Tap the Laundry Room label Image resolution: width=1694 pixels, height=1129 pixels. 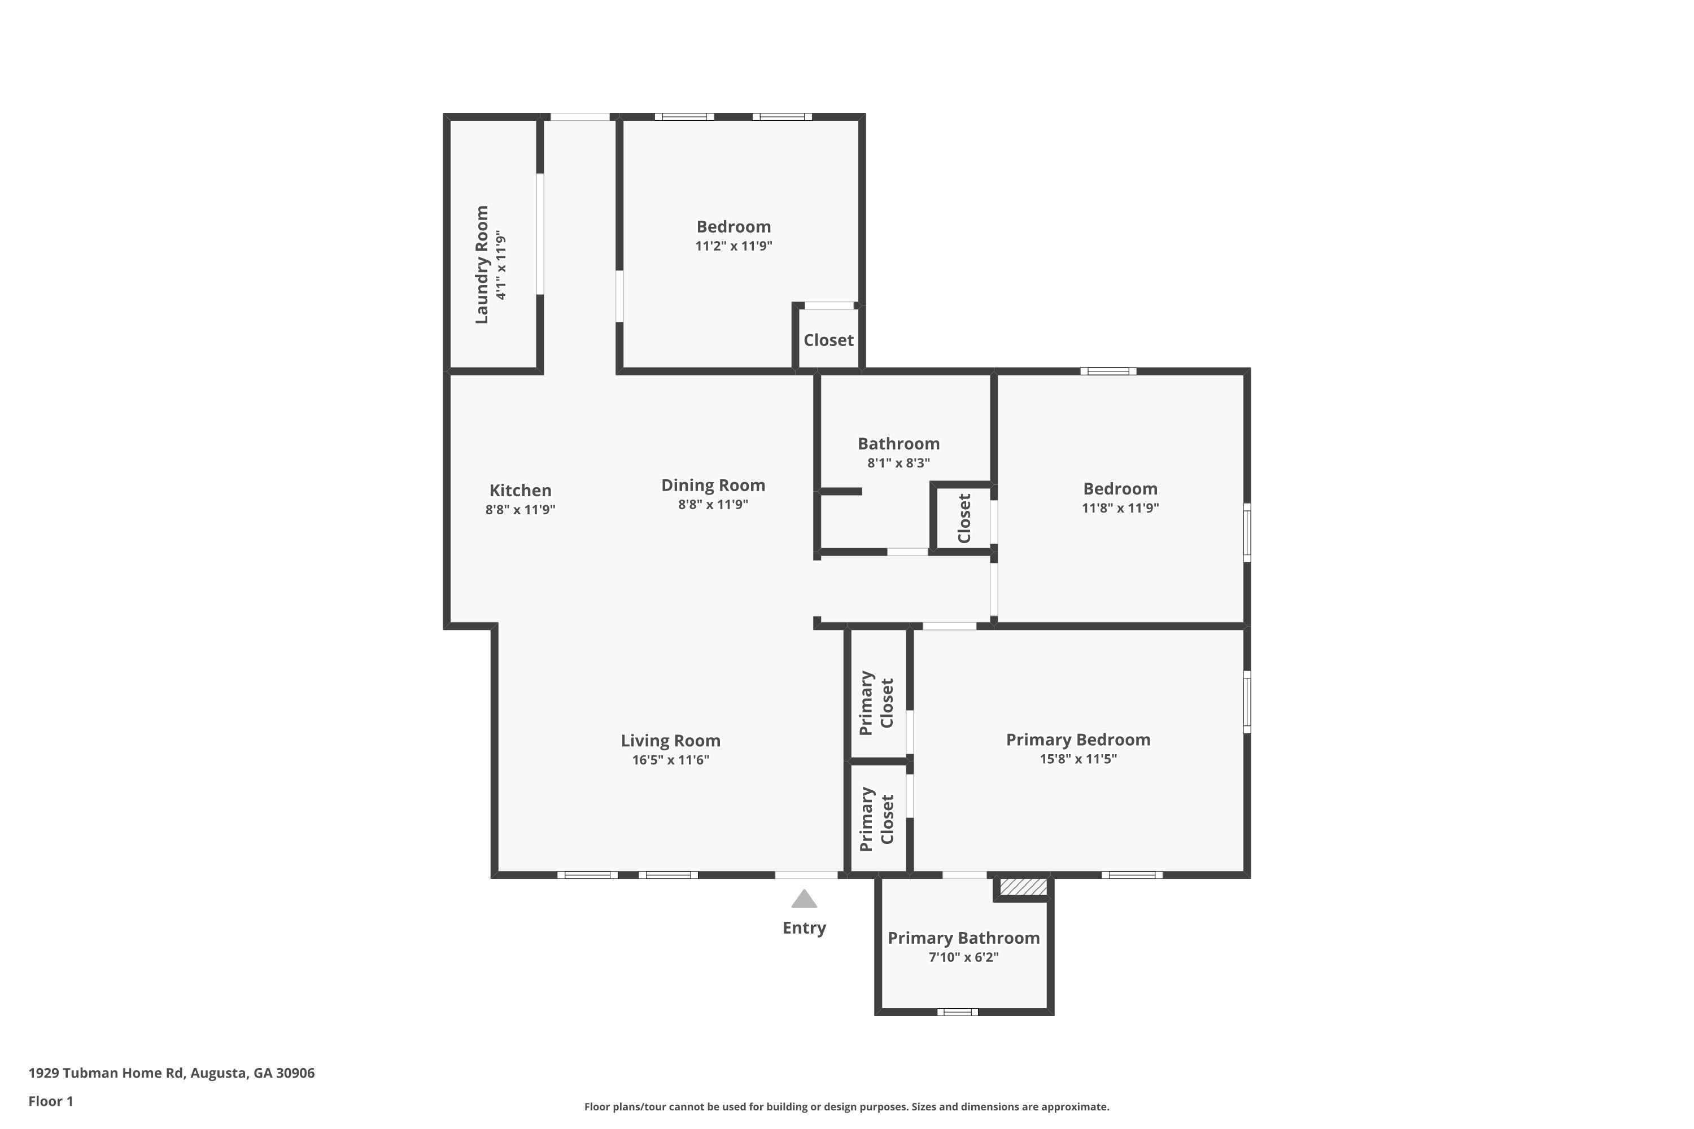coord(482,264)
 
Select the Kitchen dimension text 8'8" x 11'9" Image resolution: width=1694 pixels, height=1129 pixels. coord(520,510)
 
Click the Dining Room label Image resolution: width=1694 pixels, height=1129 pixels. coord(713,485)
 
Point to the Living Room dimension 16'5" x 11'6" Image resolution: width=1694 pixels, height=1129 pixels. coord(671,760)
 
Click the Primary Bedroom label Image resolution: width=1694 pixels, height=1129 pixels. coord(1078,739)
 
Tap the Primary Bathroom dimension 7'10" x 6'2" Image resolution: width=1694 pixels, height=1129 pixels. coord(964,957)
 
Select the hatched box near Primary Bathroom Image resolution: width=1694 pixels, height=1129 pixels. coord(1023,886)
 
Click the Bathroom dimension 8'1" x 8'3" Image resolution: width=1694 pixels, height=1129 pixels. coord(898,463)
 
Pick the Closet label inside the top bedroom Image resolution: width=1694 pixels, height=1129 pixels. coord(828,340)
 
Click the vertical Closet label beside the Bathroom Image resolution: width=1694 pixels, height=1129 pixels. coord(964,518)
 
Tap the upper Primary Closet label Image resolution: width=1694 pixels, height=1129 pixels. coord(876,703)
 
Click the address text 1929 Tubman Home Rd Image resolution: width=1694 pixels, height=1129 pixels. coord(107,1073)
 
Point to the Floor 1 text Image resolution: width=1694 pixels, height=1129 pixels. coord(51,1101)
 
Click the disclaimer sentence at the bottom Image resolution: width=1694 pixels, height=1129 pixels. coord(846,1106)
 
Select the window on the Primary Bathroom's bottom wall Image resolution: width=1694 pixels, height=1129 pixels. coord(957,1012)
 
